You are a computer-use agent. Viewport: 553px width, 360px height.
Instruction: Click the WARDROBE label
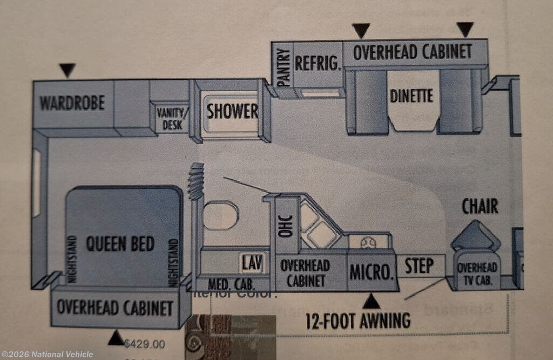point(72,103)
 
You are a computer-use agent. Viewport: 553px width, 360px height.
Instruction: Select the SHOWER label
point(233,111)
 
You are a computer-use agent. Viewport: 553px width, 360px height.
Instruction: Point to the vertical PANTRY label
point(284,67)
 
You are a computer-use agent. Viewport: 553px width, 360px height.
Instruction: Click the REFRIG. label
point(318,63)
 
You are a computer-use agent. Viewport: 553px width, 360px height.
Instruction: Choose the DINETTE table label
point(412,96)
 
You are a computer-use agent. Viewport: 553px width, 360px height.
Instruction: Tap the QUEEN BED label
point(120,244)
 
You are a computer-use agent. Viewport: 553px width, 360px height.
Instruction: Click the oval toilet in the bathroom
point(221,215)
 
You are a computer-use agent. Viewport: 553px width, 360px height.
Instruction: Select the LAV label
point(252,263)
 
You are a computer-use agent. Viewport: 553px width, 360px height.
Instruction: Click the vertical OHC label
point(287,226)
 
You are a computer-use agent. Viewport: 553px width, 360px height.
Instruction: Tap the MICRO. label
point(370,271)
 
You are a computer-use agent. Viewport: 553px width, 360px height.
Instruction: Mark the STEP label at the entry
point(420,266)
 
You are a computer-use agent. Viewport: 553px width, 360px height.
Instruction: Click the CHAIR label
point(480,206)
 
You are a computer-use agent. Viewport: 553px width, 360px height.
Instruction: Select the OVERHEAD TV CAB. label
point(477,274)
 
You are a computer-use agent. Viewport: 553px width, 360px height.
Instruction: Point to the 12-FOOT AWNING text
point(358,321)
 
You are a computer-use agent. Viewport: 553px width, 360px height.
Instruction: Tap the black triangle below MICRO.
point(371,301)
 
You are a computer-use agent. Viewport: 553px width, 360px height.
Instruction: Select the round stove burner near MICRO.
point(368,242)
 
